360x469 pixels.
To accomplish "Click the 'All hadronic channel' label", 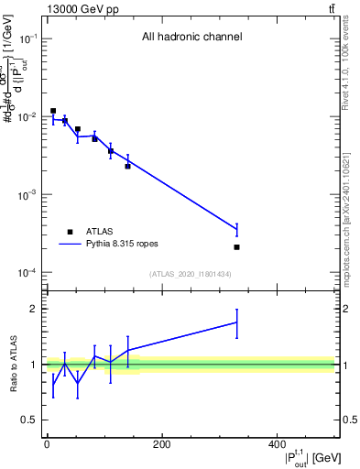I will pos(191,38).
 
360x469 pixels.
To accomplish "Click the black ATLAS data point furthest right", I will pos(236,247).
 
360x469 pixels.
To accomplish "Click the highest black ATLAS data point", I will pos(53,111).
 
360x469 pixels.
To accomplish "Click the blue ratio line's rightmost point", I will pos(236,322).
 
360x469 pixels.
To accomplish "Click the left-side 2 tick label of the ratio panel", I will pos(35,309).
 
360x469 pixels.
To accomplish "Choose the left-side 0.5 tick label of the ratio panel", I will pos(31,420).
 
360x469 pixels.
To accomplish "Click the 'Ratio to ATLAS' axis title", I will pos(13,365).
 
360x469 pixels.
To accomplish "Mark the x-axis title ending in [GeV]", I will pos(303,458).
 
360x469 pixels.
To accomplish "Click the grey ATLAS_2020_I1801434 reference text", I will pos(191,275).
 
